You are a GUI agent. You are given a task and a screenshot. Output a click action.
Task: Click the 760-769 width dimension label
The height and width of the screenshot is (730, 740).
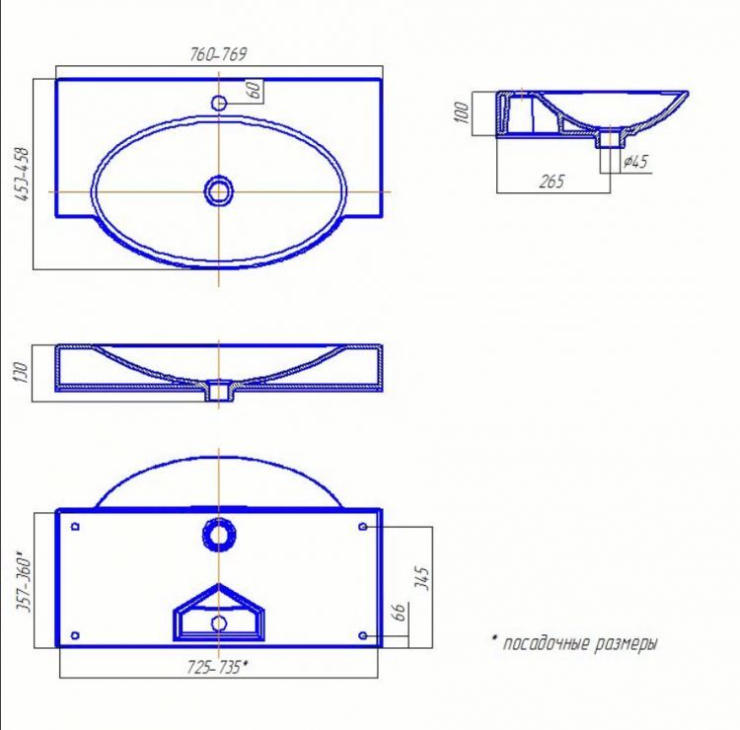[218, 54]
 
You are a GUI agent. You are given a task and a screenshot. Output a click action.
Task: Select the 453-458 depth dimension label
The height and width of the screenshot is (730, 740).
[22, 175]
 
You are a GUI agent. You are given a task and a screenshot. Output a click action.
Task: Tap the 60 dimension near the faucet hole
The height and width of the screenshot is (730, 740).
[254, 89]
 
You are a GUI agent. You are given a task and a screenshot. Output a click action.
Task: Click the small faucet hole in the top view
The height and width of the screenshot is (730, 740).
[219, 103]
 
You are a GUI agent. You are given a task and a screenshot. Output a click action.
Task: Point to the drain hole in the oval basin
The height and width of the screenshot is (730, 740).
[218, 191]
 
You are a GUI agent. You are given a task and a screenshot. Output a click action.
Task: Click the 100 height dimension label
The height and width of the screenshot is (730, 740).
[462, 112]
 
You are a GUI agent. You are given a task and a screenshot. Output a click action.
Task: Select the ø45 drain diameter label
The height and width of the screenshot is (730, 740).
[635, 162]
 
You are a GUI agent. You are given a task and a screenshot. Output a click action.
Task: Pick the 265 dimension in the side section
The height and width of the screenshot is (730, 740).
[552, 182]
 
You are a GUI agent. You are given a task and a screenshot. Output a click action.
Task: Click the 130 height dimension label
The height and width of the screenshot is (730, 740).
[22, 373]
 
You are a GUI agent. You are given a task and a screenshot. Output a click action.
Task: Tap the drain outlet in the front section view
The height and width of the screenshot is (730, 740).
[218, 392]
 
